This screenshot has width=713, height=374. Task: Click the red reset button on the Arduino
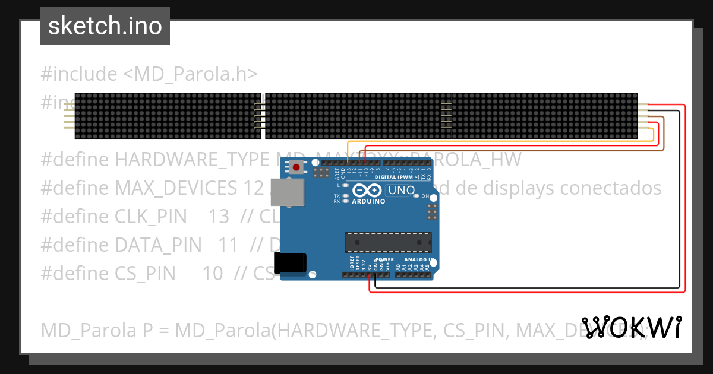pyautogui.click(x=296, y=167)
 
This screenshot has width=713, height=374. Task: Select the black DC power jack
pyautogui.click(x=291, y=263)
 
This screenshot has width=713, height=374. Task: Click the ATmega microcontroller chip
pyautogui.click(x=389, y=243)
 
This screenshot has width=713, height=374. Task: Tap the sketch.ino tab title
pyautogui.click(x=105, y=26)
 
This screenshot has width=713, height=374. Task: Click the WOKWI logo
pyautogui.click(x=632, y=327)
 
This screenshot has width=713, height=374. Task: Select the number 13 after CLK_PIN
pyautogui.click(x=219, y=217)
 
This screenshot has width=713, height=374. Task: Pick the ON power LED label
pyautogui.click(x=425, y=195)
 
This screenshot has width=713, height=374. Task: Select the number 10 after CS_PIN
pyautogui.click(x=212, y=274)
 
